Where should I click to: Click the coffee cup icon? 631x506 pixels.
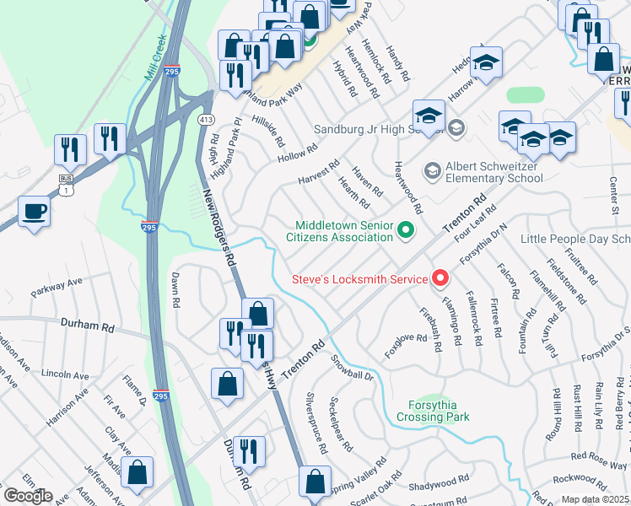tap(34, 210)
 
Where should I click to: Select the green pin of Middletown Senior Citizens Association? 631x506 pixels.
tap(406, 229)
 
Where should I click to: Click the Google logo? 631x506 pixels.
tap(28, 496)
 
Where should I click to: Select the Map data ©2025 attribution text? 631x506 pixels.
tap(595, 499)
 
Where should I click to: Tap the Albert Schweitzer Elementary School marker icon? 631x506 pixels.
tap(431, 171)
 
